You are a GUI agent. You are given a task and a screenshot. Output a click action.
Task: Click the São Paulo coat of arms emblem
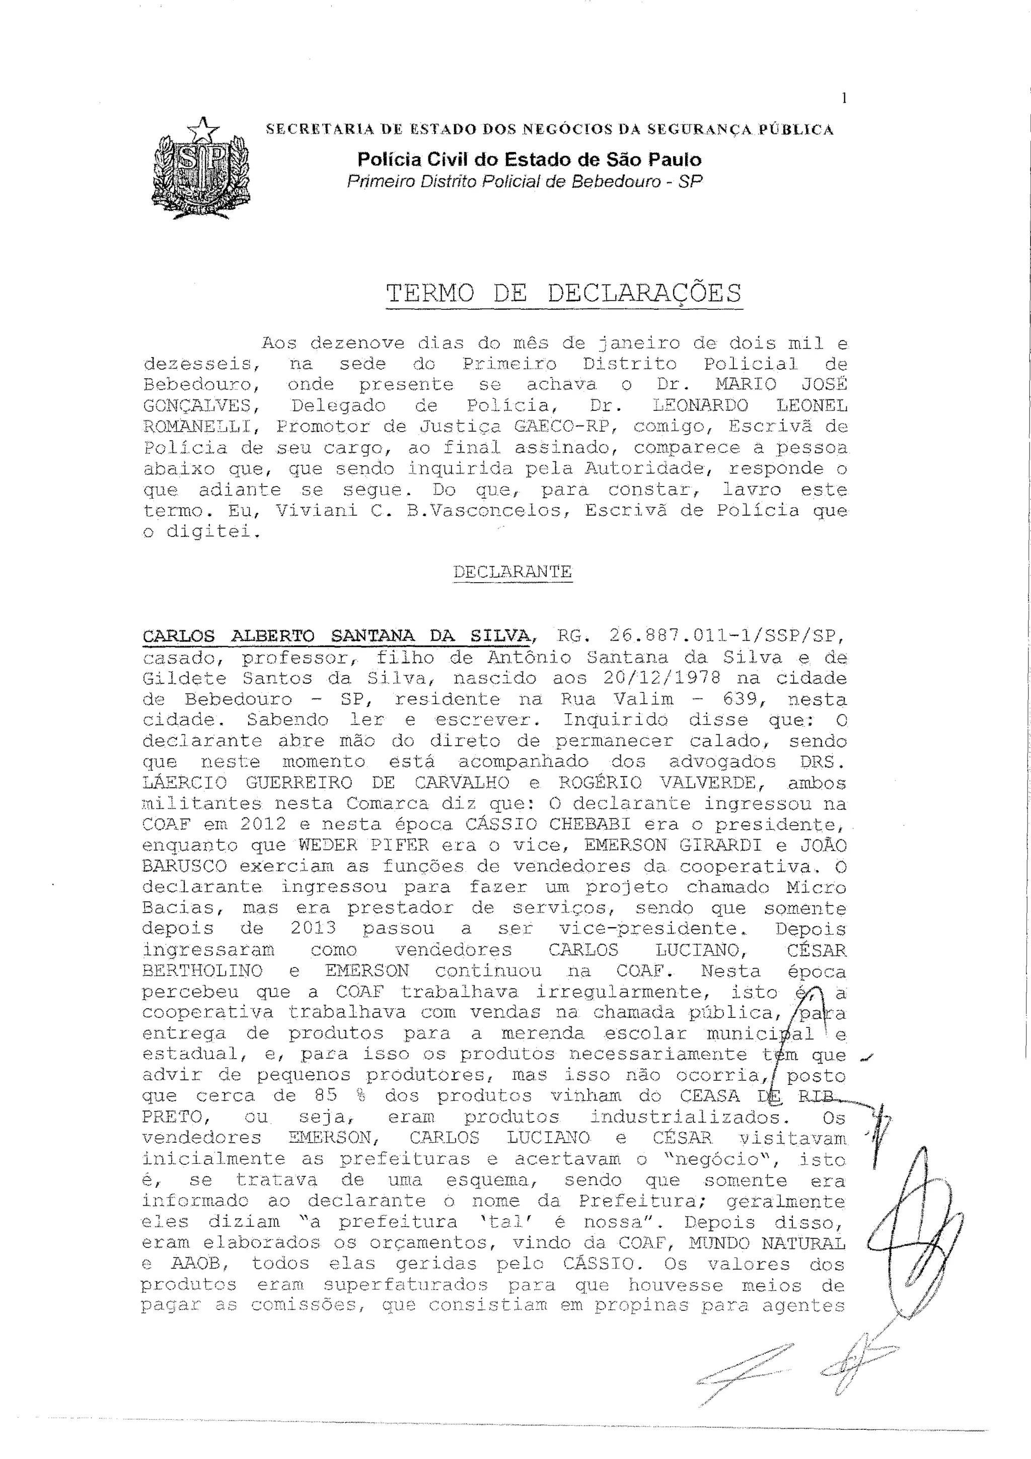(201, 169)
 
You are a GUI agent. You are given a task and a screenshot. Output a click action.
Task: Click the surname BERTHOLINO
(202, 971)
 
